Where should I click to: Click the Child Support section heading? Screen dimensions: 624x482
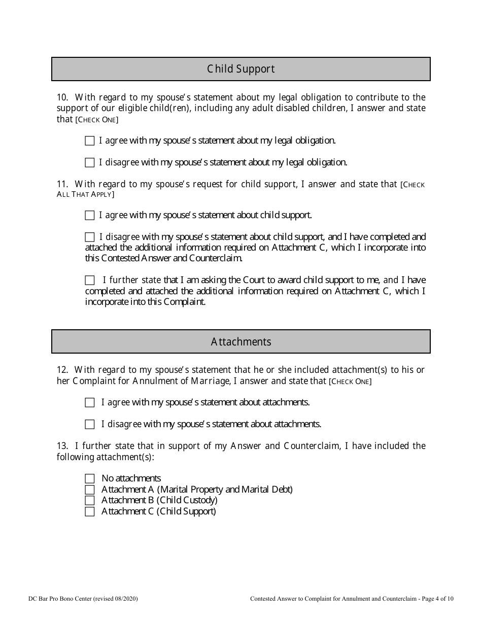(240, 69)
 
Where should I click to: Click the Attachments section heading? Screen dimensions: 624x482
(240, 341)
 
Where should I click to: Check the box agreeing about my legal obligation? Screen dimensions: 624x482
(90, 141)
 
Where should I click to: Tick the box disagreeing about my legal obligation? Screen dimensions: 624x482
(90, 163)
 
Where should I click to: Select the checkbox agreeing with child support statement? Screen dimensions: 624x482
(90, 216)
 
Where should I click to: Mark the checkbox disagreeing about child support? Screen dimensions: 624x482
(90, 237)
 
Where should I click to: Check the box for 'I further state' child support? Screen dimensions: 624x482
(90, 280)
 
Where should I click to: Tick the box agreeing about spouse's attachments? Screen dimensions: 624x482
(90, 403)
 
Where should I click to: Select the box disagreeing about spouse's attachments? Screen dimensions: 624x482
(90, 424)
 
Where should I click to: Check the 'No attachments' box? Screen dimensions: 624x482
(90, 478)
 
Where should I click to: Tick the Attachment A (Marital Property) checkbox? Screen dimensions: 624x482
(90, 490)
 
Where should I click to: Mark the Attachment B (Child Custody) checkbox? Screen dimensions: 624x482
(90, 501)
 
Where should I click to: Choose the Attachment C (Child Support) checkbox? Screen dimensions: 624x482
(90, 511)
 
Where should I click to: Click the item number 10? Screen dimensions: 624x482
(62, 97)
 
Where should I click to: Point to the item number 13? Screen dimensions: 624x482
(62, 446)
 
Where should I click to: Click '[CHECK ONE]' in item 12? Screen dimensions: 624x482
(350, 382)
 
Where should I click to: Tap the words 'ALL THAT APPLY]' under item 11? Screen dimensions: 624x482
(85, 195)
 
